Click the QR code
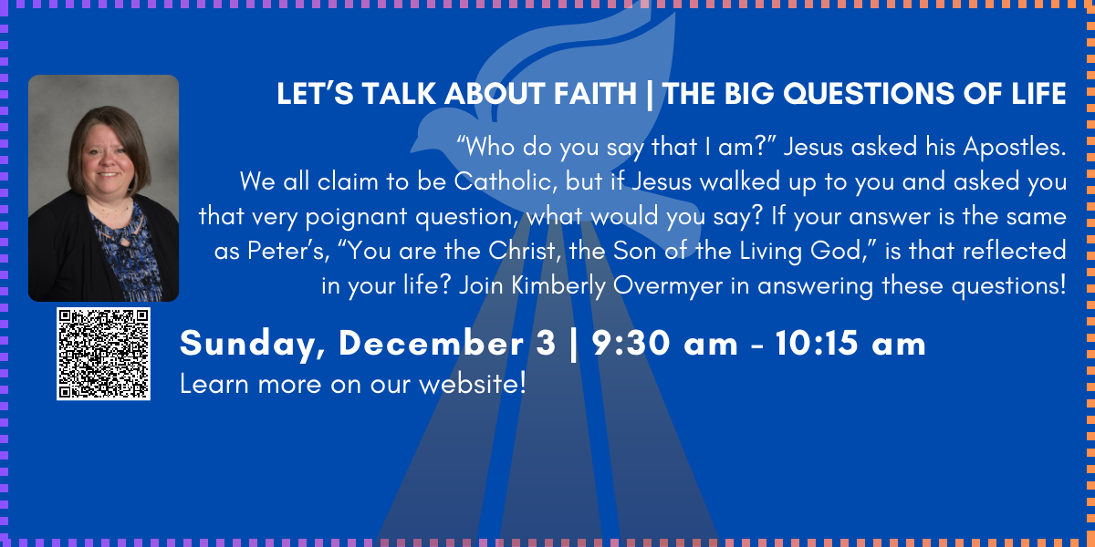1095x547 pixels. pos(103,354)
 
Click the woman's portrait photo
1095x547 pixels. pos(103,188)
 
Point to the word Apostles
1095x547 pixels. pos(1015,148)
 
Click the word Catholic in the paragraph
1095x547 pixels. pos(506,181)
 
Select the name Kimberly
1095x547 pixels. pos(558,285)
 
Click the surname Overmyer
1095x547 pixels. pos(668,286)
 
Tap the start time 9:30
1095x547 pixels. pos(631,343)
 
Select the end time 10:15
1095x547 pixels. pos(817,343)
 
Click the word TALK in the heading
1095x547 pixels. pos(399,93)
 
